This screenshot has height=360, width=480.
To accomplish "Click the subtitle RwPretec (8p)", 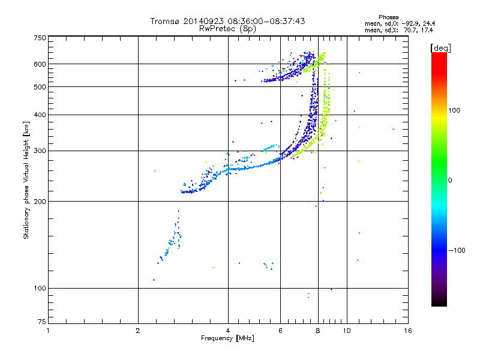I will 227,28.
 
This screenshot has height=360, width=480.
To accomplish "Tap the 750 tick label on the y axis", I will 40,38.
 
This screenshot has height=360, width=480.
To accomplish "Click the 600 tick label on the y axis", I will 40,64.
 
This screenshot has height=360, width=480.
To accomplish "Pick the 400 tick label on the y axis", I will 40,115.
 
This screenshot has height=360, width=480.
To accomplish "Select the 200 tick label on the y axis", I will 40,202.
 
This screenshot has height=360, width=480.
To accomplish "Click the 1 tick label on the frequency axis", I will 48,331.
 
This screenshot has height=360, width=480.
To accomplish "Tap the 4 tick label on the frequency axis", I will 228,331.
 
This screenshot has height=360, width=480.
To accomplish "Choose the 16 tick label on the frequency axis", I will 407,331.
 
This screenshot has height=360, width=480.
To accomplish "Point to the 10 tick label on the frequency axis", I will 347,331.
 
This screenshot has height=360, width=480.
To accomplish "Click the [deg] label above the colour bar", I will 441,47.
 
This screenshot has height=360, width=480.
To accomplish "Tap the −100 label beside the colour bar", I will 458,250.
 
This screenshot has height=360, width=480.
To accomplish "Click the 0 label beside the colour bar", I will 452,180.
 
